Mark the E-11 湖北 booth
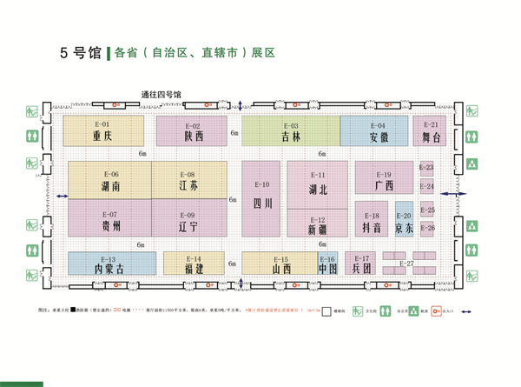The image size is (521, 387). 319,183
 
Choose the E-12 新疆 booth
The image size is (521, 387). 319,224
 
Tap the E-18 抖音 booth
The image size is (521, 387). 373,224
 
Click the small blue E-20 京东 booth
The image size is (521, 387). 404,224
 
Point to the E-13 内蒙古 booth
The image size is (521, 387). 108,264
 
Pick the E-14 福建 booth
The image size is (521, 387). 194,264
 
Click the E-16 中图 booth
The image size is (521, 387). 327,264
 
